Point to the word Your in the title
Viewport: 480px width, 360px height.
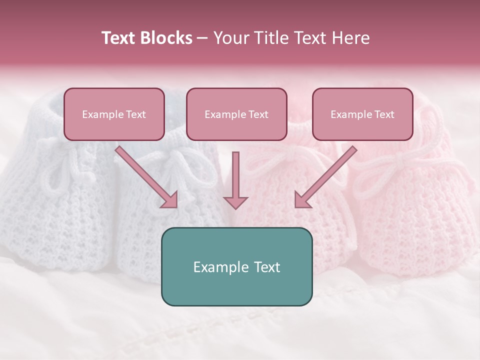pos(231,38)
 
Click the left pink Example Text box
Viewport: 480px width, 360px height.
pos(114,114)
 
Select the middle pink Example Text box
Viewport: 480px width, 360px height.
pos(236,114)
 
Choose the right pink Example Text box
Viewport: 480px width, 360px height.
pos(362,114)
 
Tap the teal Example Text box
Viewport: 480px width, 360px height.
pos(236,266)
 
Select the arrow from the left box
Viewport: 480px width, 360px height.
pos(146,177)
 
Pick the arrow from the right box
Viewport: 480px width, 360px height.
pos(325,177)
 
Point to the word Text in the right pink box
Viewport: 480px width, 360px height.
pos(384,114)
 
